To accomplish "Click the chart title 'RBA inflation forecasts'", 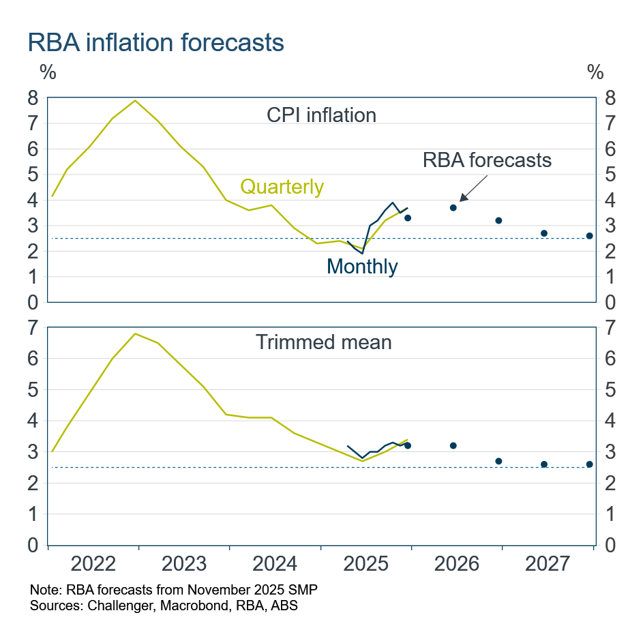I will tap(155, 42).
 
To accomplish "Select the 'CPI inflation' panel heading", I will tap(321, 115).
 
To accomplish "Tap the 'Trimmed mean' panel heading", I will tap(323, 342).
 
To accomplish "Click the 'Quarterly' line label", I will tap(282, 186).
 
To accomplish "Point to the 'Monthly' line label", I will tap(362, 266).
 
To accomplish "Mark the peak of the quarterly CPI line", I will tap(135, 100).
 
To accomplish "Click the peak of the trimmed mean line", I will tap(135, 333).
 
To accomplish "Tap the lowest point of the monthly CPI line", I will tap(362, 253).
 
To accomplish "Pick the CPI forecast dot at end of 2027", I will tap(589, 236).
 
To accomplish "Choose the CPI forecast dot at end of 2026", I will tap(498, 220).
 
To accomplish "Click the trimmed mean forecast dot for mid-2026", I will tap(453, 445).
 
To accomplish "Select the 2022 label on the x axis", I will tap(93, 565).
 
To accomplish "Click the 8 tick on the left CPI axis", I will tap(33, 98).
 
